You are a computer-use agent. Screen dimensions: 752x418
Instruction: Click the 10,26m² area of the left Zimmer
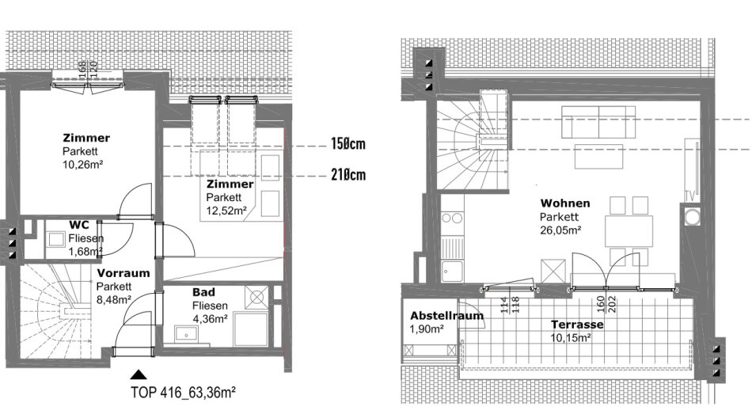click(x=83, y=165)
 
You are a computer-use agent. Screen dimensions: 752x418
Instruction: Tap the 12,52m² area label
click(x=226, y=211)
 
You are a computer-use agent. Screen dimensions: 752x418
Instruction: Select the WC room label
click(x=78, y=225)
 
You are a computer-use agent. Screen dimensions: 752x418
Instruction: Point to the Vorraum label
click(x=123, y=273)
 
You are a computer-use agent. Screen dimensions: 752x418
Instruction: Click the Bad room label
click(x=203, y=292)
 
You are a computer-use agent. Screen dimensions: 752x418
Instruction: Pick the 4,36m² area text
click(x=210, y=319)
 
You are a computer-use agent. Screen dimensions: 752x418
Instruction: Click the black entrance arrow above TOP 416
click(x=139, y=374)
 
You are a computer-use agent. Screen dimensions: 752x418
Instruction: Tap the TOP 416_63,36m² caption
click(x=183, y=392)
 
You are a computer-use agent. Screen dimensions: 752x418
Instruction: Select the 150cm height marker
click(x=348, y=143)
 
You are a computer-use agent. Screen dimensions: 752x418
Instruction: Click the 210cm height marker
click(x=348, y=174)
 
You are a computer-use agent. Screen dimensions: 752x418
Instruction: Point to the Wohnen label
click(x=565, y=203)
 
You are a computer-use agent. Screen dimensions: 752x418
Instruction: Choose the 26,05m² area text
click(x=560, y=230)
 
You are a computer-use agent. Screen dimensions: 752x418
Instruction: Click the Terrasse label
click(x=577, y=325)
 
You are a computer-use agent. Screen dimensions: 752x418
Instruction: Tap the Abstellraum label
click(x=447, y=316)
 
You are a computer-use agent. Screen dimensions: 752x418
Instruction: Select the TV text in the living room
click(x=690, y=196)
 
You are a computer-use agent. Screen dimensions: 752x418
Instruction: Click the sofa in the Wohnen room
click(x=598, y=123)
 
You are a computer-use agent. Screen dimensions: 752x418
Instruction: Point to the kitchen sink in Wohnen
click(x=452, y=272)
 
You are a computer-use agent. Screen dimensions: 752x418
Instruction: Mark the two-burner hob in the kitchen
click(x=452, y=218)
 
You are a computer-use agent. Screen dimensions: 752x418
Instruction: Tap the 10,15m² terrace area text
click(x=570, y=338)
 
